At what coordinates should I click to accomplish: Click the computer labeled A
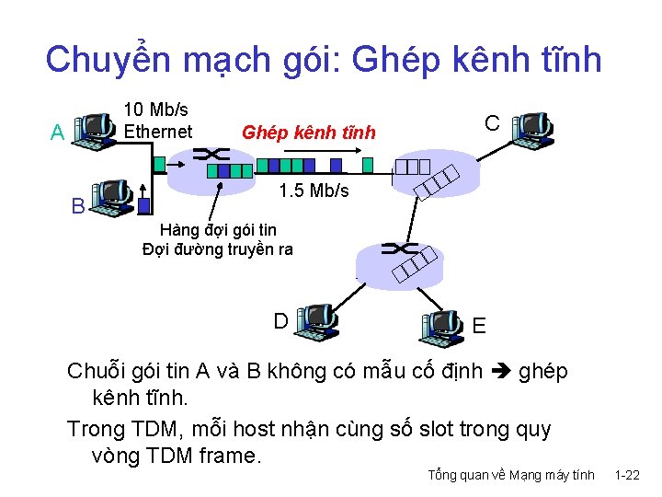coord(95,132)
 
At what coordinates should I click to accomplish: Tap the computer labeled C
coord(532,131)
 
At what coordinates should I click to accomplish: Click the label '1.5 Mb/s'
coord(314,191)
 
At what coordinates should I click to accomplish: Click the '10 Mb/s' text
coord(155,110)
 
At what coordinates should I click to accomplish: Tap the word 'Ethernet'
coord(158,132)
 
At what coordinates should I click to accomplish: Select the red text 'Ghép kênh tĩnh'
coord(308,133)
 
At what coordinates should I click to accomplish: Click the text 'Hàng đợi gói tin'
coord(218,229)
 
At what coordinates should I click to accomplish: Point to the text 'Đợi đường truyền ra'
coord(218,248)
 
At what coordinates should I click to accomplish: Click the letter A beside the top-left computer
coord(57,133)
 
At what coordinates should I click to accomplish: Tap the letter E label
coord(479,326)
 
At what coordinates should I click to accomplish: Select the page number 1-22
coord(627,476)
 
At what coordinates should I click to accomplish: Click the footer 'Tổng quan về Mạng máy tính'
coord(511,476)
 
